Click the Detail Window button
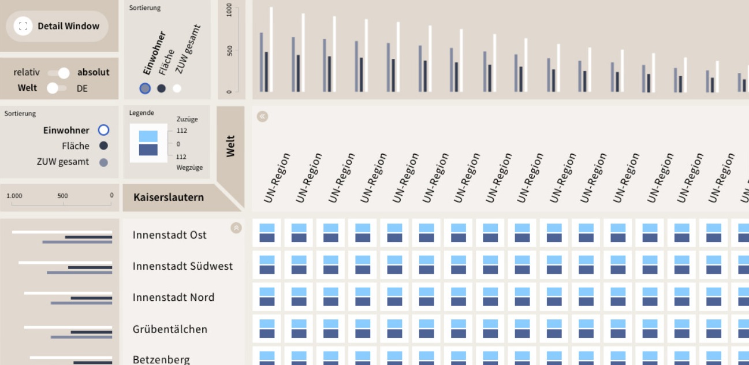pos(57,26)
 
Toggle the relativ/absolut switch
pos(58,73)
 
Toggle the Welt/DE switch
pos(57,88)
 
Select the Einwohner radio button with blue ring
pos(103,131)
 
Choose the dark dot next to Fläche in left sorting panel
pos(103,146)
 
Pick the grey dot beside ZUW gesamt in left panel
pos(103,162)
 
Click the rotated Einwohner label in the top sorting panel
pos(154,53)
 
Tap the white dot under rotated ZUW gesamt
pos(177,88)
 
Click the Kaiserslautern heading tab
pos(169,198)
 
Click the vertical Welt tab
pos(231,146)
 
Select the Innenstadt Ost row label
pos(169,235)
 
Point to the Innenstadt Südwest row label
pos(182,266)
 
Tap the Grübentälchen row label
pos(170,329)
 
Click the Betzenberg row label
pos(161,359)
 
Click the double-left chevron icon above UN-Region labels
pos(263,117)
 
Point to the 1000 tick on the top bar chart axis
pos(229,10)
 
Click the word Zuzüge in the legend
pos(187,120)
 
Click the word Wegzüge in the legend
pos(189,167)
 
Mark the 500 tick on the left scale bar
pos(62,196)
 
